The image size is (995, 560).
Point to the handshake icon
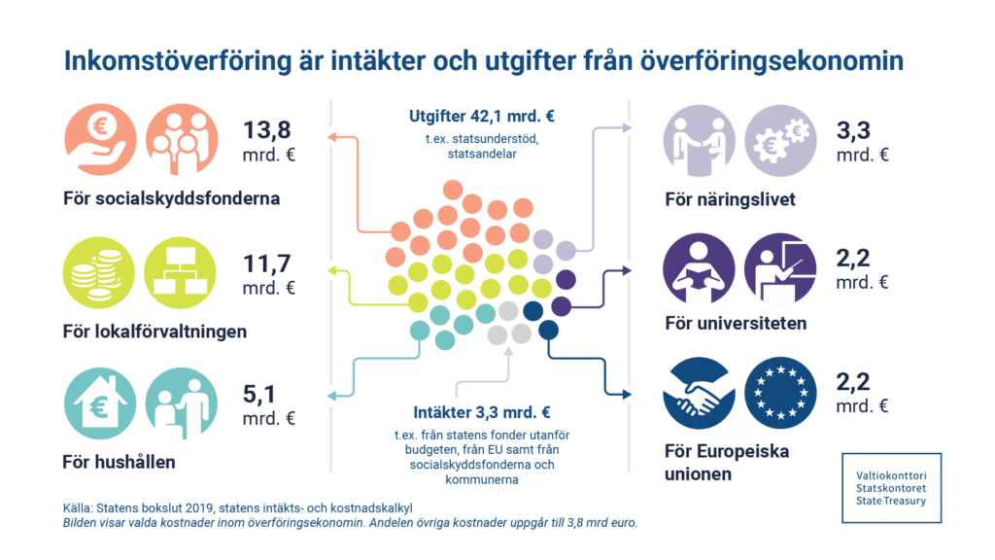pos(698,394)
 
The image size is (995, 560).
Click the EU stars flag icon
pos(780,394)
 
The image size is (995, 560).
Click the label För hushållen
pos(119,462)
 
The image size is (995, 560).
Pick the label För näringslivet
pos(730,199)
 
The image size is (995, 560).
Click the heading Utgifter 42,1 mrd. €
pos(481,117)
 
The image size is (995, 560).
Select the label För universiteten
pos(736,323)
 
